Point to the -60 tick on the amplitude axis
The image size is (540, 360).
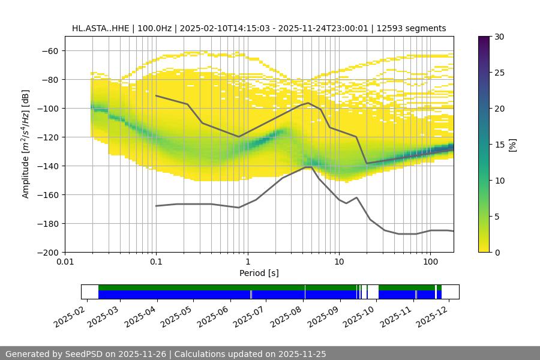click(x=49, y=51)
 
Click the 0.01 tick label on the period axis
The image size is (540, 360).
click(x=65, y=262)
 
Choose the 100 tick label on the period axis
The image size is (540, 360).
click(x=430, y=262)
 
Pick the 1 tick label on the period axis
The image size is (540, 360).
click(x=247, y=262)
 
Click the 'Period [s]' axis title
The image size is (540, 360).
click(x=259, y=273)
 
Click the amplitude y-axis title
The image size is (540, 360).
click(x=26, y=145)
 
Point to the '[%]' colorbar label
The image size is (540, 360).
click(x=512, y=145)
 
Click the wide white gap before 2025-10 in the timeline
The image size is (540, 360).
click(x=373, y=292)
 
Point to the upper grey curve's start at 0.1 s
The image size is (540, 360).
click(x=156, y=95)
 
